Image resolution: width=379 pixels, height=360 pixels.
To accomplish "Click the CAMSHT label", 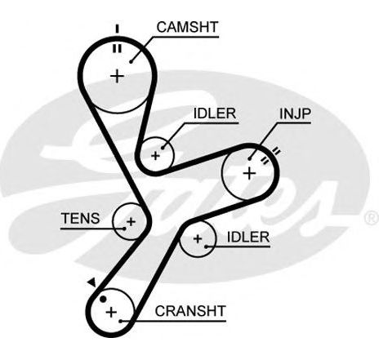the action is [187, 27].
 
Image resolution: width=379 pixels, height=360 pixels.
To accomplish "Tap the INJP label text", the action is [295, 113].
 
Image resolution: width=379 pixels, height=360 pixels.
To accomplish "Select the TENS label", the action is [81, 218].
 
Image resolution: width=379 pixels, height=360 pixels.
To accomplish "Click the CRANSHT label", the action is [190, 311].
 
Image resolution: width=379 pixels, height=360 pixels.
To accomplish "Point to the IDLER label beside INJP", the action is [215, 113].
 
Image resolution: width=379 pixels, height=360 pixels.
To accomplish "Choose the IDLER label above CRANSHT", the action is [248, 237].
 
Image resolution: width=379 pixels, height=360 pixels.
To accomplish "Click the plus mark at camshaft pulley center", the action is [118, 76].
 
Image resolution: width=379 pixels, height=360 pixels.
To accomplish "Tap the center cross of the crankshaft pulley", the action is [111, 312].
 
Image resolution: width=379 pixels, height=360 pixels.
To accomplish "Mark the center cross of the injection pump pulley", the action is [249, 173].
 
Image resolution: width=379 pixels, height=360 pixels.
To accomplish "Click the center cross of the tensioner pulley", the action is [131, 221].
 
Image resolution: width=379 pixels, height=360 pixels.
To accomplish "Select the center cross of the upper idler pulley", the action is [155, 156].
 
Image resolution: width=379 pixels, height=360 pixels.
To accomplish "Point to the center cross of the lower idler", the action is [198, 239].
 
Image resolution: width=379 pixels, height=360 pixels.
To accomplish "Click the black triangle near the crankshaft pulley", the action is [92, 282].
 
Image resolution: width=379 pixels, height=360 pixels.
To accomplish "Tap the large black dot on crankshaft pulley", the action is [103, 300].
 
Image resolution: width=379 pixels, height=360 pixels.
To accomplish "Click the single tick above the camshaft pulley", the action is [118, 29].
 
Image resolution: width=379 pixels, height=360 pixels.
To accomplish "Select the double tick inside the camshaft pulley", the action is [118, 48].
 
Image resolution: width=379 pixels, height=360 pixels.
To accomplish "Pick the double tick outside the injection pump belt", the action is [276, 151].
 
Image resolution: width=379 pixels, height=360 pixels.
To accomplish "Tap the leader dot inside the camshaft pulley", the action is [131, 62].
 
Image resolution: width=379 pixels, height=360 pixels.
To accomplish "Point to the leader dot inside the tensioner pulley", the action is [125, 229].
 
